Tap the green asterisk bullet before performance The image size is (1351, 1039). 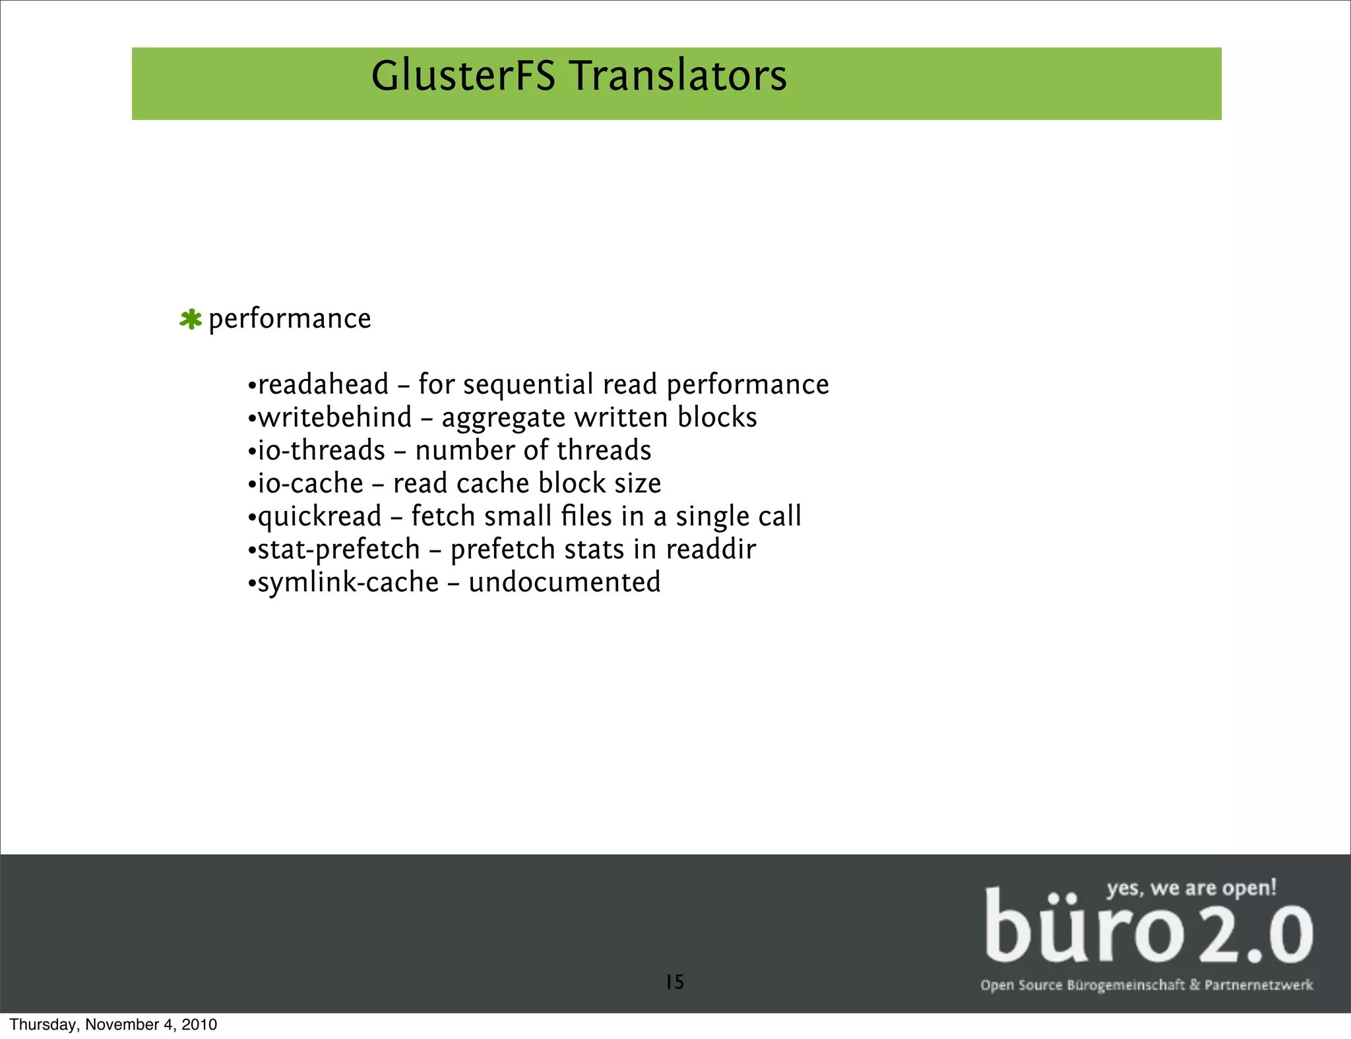(191, 320)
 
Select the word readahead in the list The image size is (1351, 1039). (323, 384)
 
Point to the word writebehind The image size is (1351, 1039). (334, 417)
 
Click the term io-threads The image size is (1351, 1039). (321, 450)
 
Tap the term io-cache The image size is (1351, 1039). (310, 483)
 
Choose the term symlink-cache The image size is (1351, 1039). (348, 583)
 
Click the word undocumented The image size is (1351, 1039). (564, 582)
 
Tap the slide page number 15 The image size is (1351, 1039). (675, 982)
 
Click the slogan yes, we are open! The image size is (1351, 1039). (1191, 887)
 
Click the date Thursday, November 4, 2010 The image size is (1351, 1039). (113, 1024)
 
